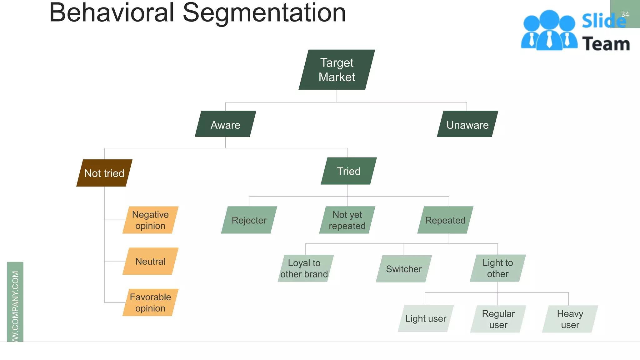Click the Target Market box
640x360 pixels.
click(337, 70)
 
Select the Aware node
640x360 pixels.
click(225, 124)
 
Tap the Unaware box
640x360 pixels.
click(467, 124)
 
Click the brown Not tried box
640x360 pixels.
click(104, 173)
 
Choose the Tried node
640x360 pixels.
click(348, 171)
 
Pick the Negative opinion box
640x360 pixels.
click(150, 220)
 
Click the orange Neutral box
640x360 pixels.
click(150, 261)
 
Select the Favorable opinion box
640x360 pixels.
click(150, 302)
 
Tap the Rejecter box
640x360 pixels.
click(249, 220)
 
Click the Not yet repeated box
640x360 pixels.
click(347, 220)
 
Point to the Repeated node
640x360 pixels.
click(445, 220)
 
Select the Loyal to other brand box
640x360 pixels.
click(305, 268)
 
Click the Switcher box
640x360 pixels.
click(403, 269)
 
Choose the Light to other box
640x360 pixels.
click(497, 268)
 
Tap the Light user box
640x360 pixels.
click(426, 318)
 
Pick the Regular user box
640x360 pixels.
click(498, 319)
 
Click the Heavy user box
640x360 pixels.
click(570, 319)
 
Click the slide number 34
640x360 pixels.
click(625, 14)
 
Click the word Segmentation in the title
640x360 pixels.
click(264, 13)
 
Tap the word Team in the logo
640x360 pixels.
click(606, 44)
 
